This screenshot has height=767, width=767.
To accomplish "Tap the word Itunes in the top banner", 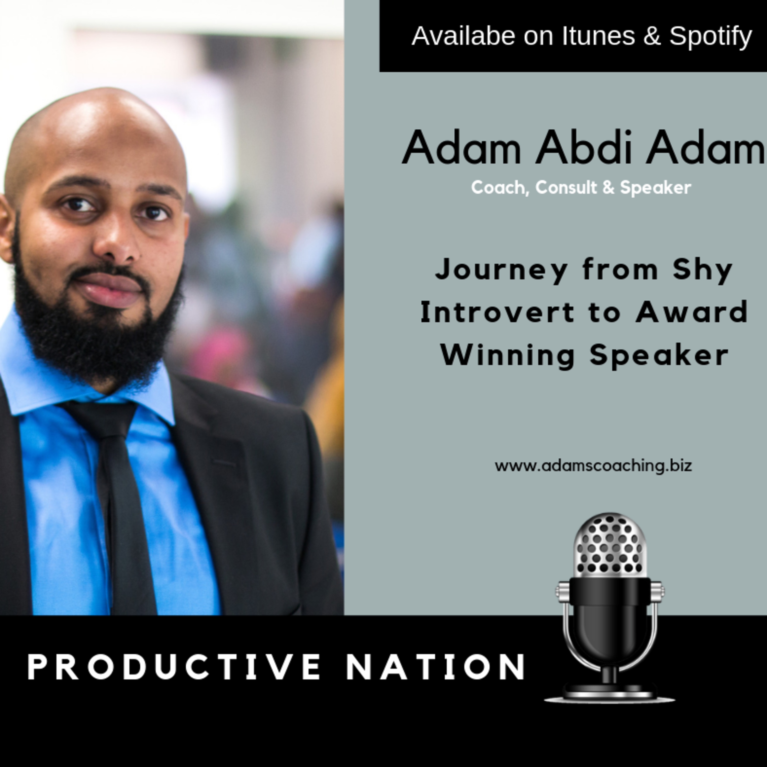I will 598,36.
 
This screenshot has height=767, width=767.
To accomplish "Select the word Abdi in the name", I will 583,148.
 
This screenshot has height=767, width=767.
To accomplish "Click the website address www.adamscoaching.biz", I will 593,465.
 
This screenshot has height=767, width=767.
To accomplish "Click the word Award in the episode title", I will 692,312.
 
